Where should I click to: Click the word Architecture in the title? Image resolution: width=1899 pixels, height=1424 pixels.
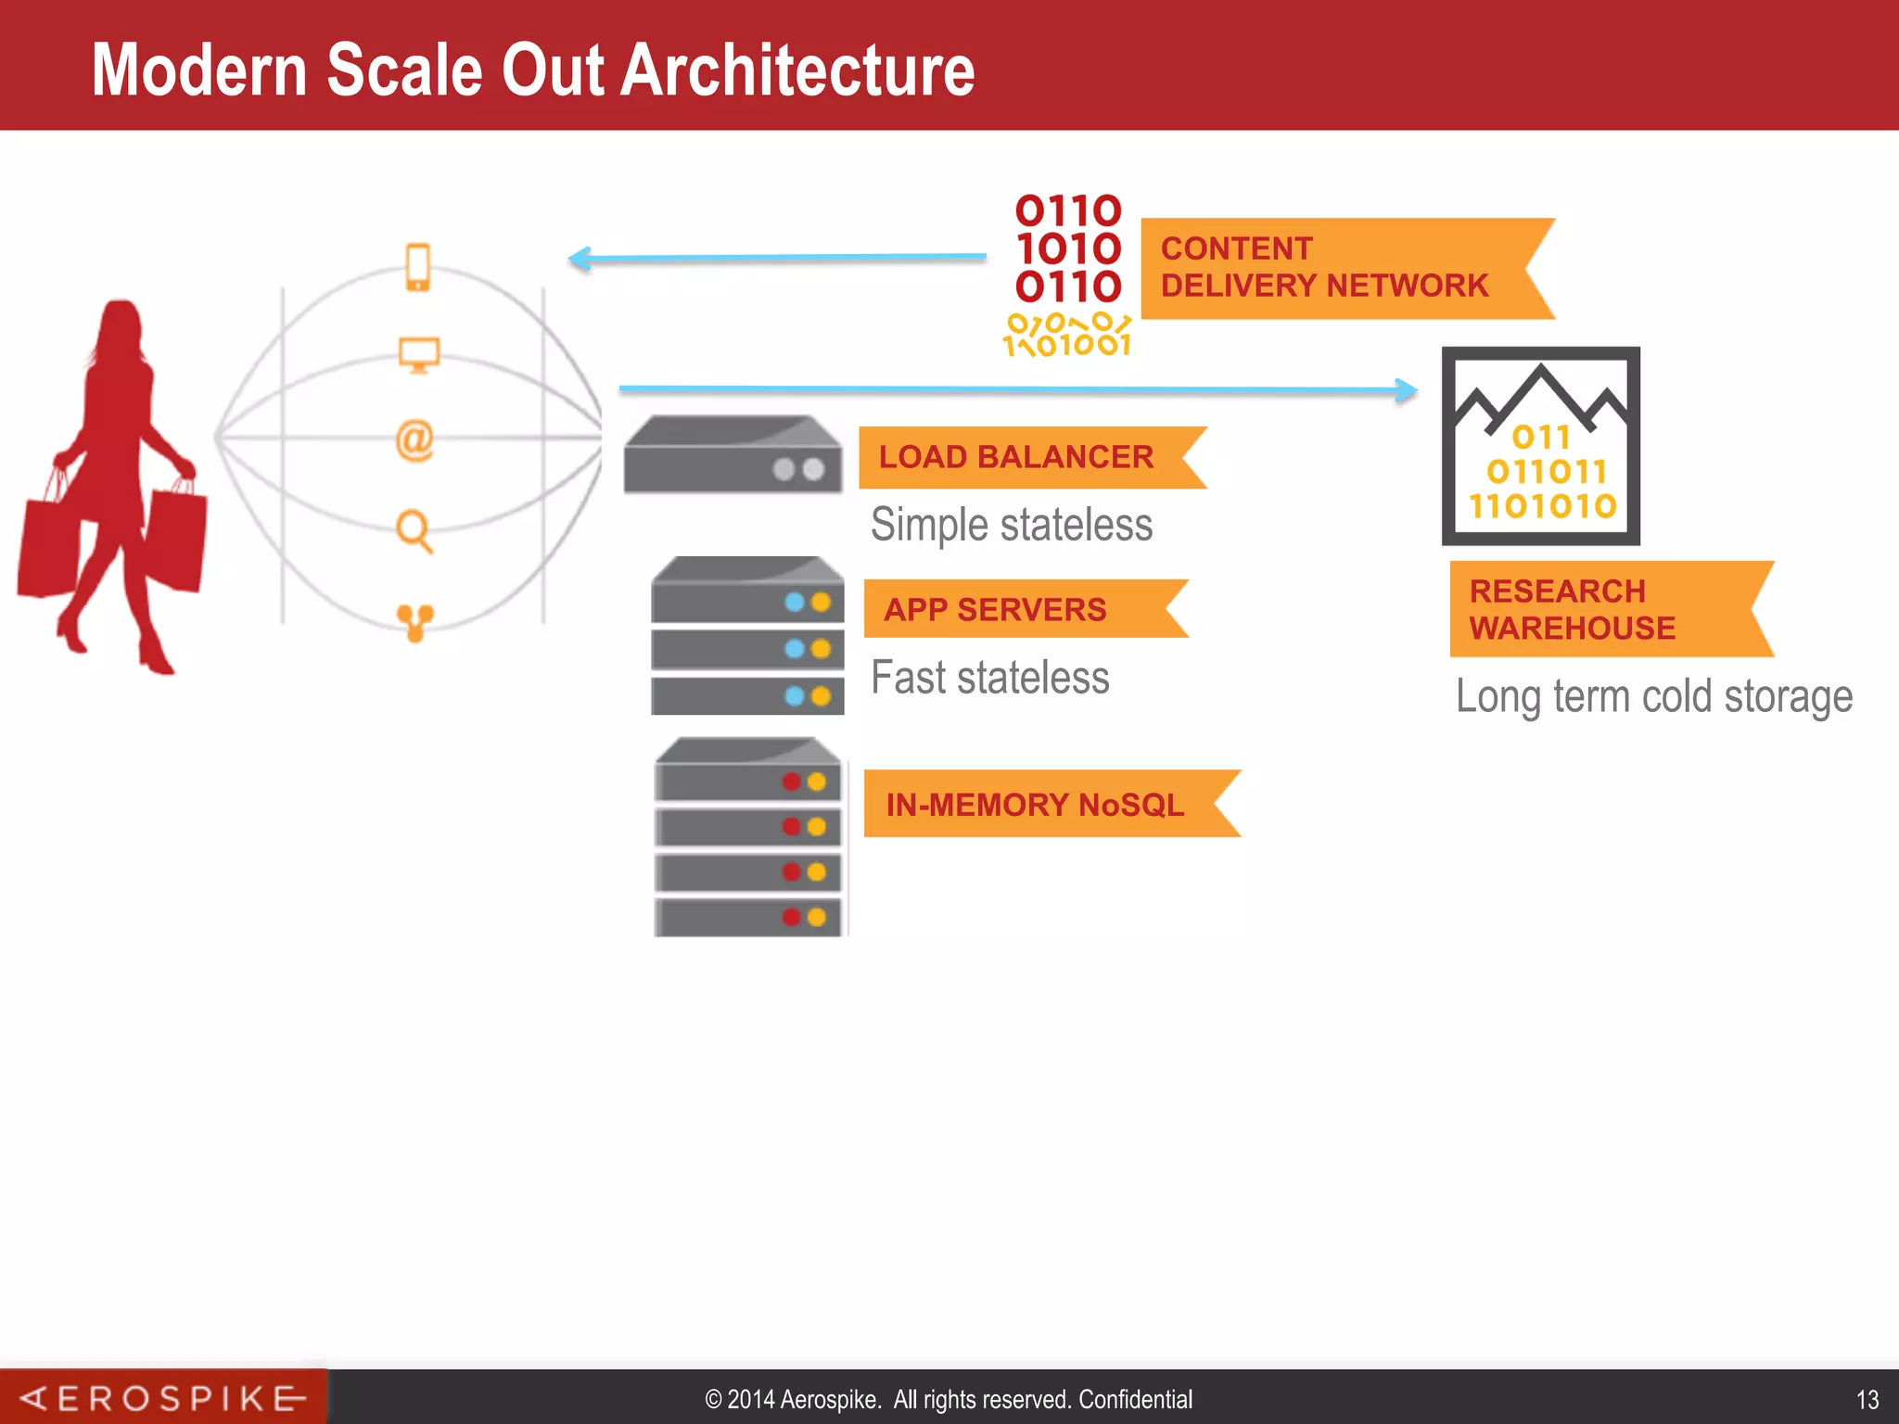[797, 70]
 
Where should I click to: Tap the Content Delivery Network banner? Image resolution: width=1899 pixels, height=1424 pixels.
[1326, 268]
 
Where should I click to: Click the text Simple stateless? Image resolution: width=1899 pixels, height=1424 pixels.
[1012, 525]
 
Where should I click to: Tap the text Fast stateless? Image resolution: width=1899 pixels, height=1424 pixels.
[989, 678]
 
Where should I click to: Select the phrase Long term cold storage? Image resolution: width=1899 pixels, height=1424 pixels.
[1653, 697]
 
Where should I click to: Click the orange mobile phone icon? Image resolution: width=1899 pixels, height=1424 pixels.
[418, 267]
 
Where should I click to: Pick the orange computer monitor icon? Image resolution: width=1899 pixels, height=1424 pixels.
[418, 354]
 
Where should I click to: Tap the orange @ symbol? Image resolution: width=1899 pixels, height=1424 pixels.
[414, 440]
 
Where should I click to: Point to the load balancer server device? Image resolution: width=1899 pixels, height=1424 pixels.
[733, 454]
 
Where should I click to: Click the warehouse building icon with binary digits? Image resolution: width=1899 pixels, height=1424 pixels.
[1540, 446]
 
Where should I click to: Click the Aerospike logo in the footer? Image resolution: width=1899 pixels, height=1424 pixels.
[163, 1397]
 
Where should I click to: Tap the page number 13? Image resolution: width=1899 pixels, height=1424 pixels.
[1867, 1399]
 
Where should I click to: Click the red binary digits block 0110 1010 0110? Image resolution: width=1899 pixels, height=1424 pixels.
[1068, 248]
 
